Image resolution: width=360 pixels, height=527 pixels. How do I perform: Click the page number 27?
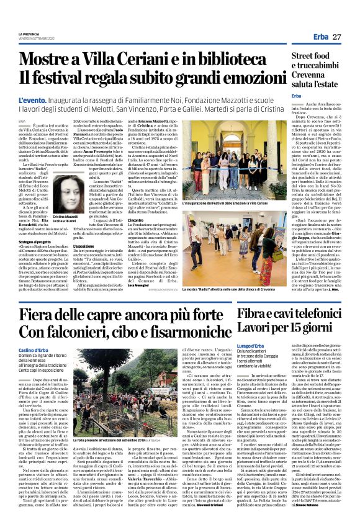[336, 37]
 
